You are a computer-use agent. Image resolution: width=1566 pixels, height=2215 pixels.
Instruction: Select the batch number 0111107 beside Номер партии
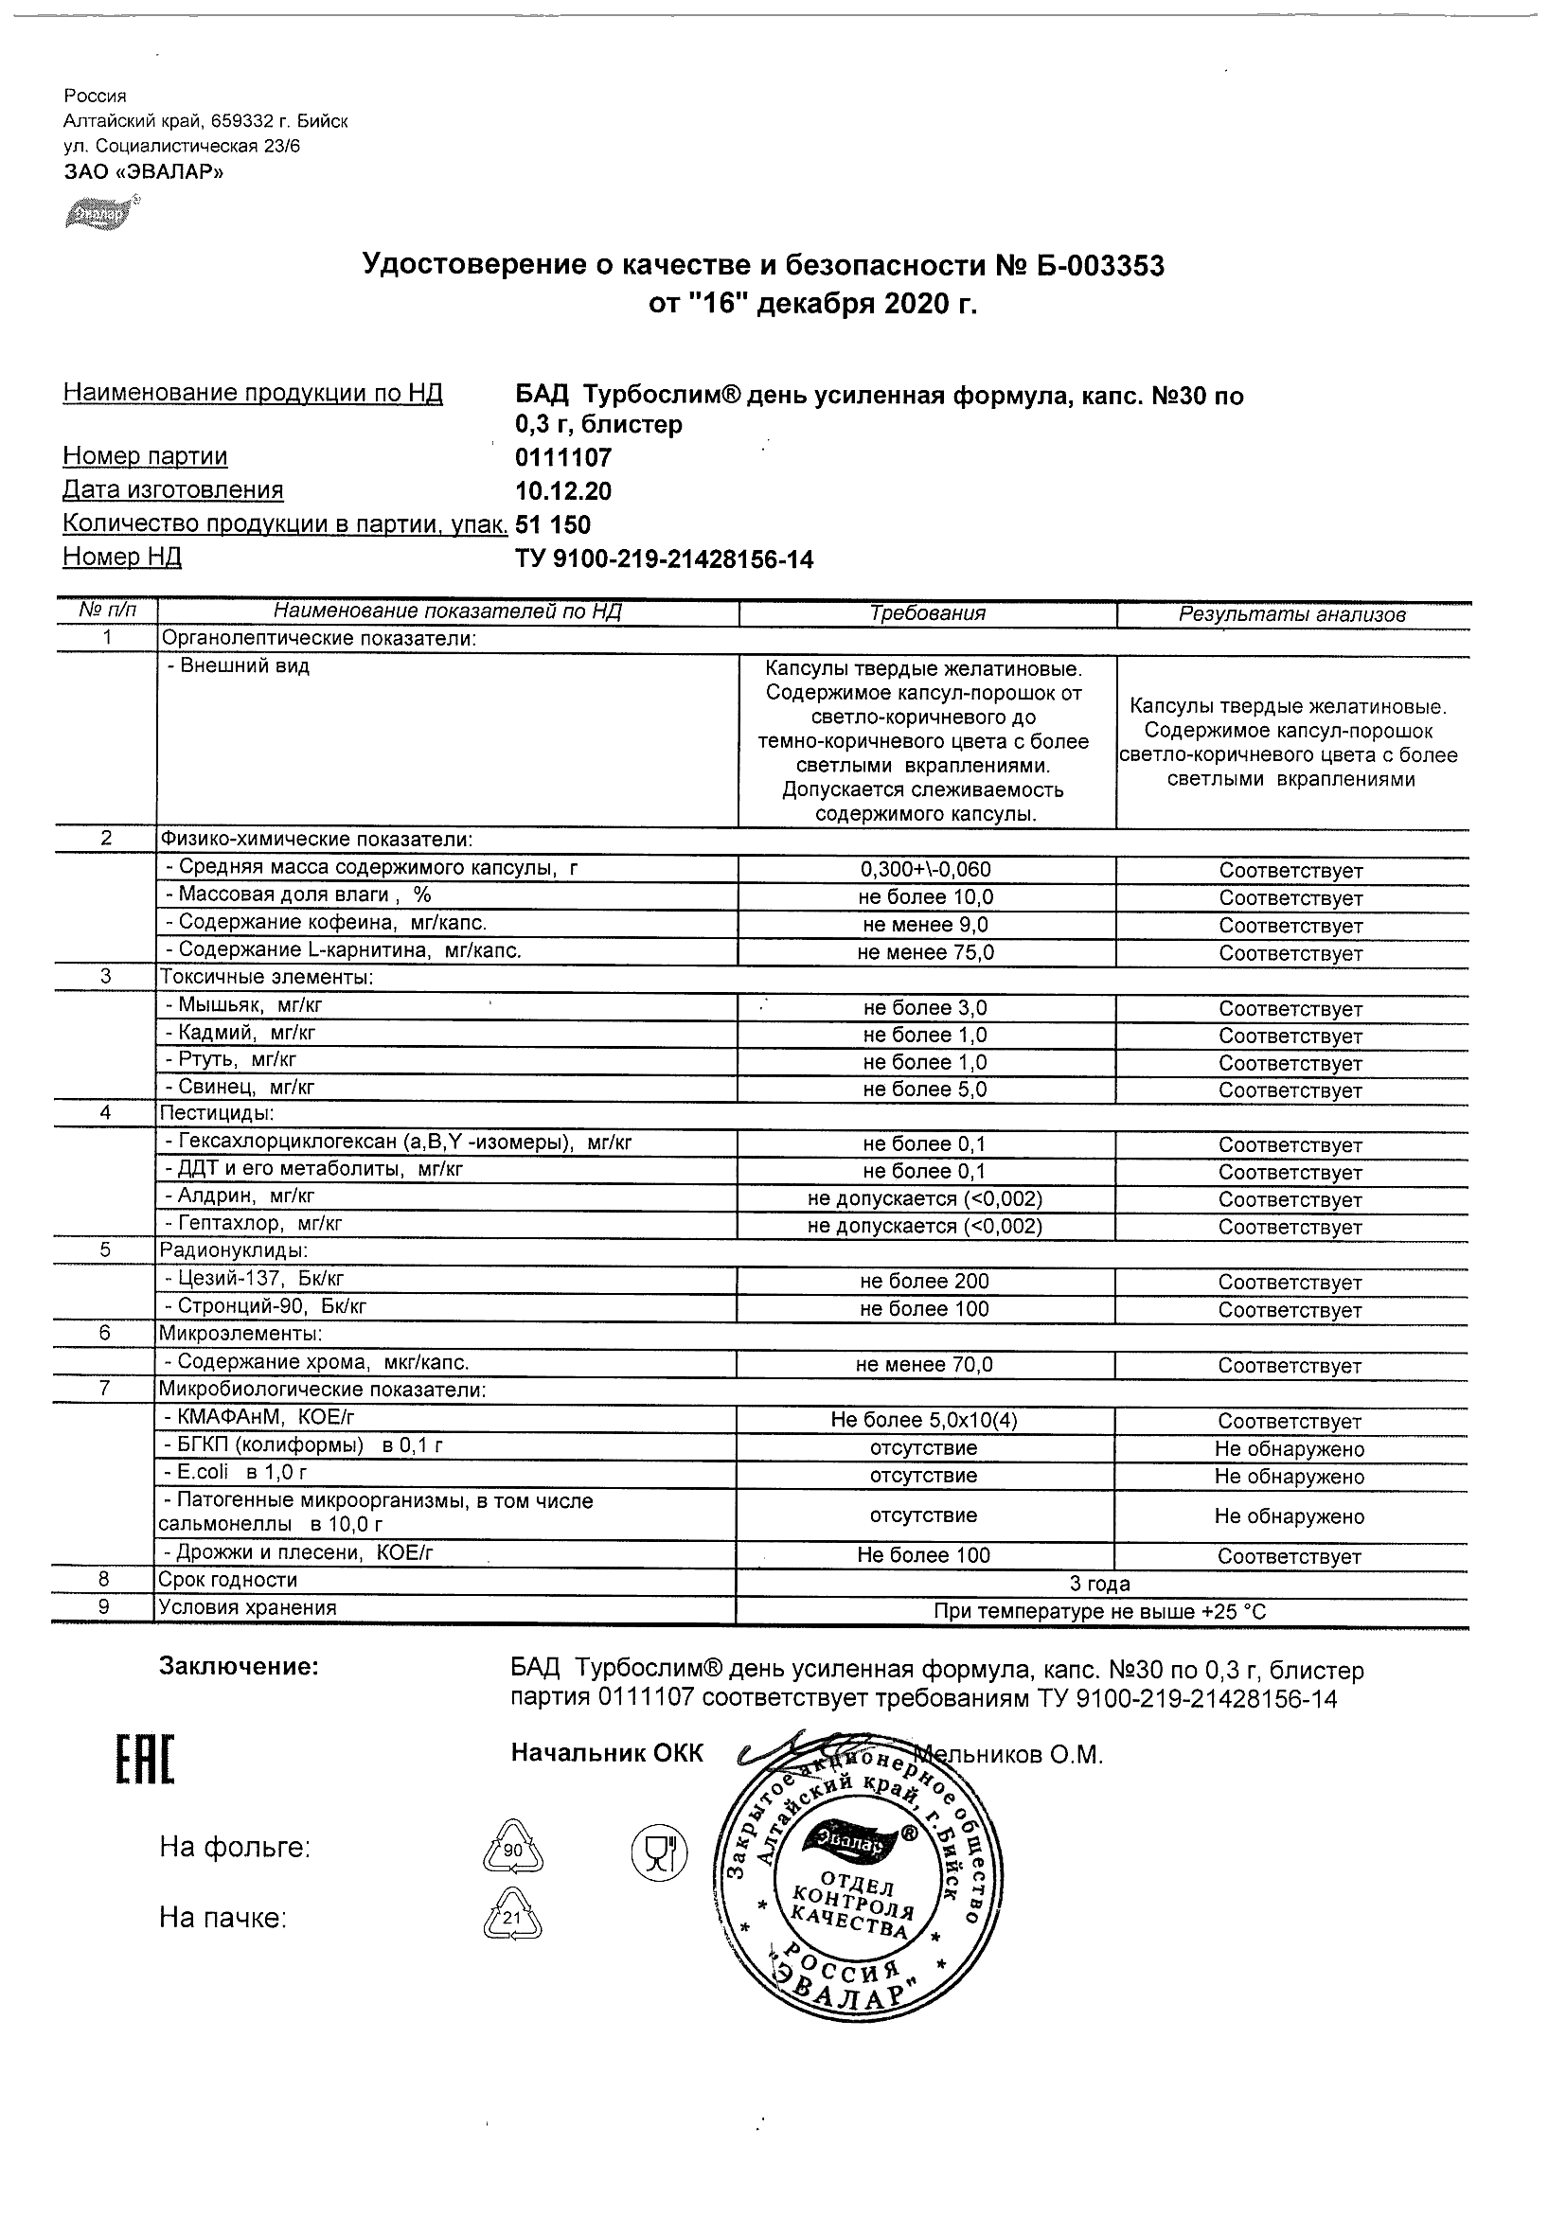[563, 457]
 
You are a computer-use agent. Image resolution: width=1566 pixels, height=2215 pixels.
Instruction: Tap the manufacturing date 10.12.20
[563, 491]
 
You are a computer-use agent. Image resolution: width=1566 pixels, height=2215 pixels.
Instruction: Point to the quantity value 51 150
[554, 524]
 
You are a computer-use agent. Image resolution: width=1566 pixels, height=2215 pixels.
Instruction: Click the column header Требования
[927, 613]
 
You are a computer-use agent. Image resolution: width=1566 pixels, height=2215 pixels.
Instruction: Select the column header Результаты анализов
[1292, 614]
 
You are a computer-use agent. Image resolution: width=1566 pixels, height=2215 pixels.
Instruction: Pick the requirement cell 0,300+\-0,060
[925, 869]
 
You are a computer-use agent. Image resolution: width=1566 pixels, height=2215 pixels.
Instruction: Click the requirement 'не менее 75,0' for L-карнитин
[925, 952]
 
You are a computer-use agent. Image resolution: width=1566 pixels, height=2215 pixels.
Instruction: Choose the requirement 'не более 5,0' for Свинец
[924, 1090]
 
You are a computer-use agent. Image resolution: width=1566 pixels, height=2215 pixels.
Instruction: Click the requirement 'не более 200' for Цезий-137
[924, 1281]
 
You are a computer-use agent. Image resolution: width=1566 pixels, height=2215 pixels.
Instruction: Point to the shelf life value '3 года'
[1100, 1583]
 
